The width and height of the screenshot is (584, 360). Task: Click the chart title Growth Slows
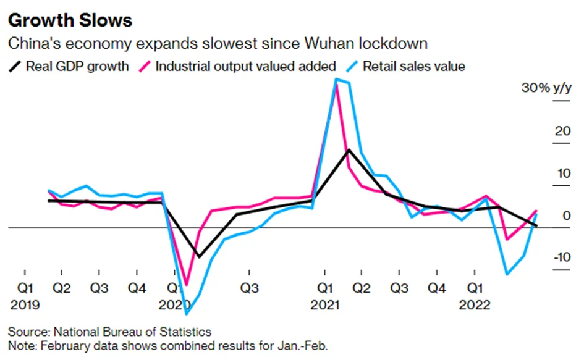pyautogui.click(x=70, y=20)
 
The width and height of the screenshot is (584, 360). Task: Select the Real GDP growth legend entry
pyautogui.click(x=69, y=66)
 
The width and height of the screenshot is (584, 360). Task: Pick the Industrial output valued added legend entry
pyautogui.click(x=237, y=66)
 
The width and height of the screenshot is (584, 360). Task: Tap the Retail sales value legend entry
pyautogui.click(x=405, y=66)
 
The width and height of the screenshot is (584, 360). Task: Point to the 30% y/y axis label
pyautogui.click(x=546, y=88)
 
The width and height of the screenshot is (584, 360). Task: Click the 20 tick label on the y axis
pyautogui.click(x=562, y=131)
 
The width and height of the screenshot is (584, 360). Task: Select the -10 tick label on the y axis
pyautogui.click(x=562, y=257)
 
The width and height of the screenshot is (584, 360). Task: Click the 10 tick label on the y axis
pyautogui.click(x=562, y=173)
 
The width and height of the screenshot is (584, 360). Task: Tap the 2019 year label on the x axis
pyautogui.click(x=25, y=305)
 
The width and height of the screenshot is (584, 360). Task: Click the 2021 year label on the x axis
pyautogui.click(x=325, y=305)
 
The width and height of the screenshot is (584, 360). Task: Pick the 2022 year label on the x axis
pyautogui.click(x=475, y=305)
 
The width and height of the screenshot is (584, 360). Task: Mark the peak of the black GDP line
pyautogui.click(x=349, y=149)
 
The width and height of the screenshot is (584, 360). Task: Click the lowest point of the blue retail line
pyautogui.click(x=187, y=314)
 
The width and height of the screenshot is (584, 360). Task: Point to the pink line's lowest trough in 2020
pyautogui.click(x=187, y=285)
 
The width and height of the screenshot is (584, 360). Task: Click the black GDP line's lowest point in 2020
pyautogui.click(x=199, y=257)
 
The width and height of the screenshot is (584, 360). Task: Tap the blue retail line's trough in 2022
pyautogui.click(x=507, y=274)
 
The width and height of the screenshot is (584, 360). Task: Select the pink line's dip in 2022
pyautogui.click(x=507, y=239)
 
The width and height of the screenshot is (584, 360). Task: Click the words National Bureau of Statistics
pyautogui.click(x=132, y=332)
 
